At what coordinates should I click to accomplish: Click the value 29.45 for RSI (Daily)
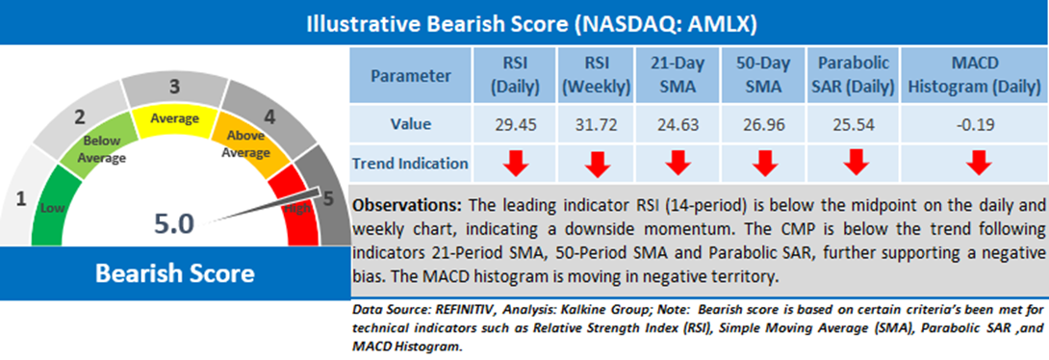(x=516, y=124)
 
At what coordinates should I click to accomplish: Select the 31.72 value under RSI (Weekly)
(x=598, y=124)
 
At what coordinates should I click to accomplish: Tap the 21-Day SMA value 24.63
(x=677, y=124)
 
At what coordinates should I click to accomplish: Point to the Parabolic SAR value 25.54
(x=852, y=124)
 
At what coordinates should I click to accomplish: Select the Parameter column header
(x=412, y=76)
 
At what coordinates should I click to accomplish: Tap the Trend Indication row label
(x=412, y=163)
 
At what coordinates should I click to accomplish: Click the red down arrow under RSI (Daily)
(x=516, y=163)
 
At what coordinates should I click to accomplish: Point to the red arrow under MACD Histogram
(x=978, y=163)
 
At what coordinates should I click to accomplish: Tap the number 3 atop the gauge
(x=174, y=87)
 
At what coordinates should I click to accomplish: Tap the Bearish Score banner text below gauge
(x=174, y=273)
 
